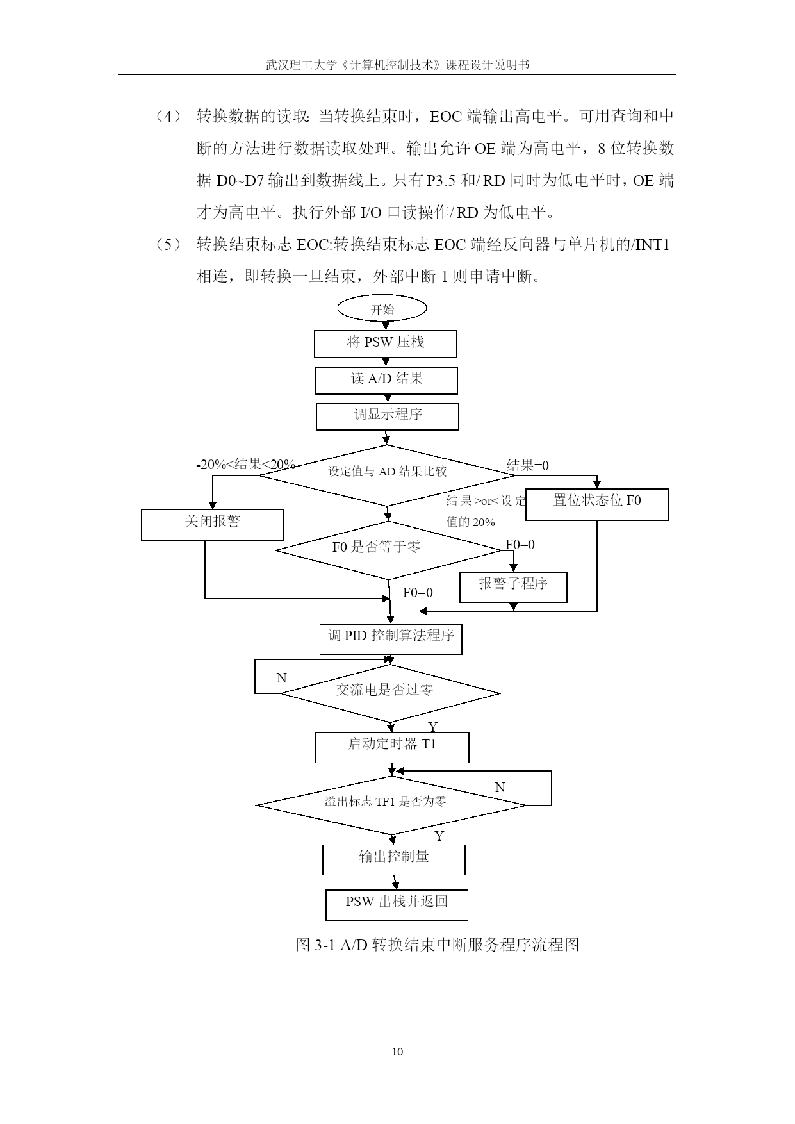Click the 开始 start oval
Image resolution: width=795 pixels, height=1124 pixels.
coord(382,309)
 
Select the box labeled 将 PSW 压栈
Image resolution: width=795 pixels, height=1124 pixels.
coord(385,343)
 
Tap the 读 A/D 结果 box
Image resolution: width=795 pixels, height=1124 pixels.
coord(386,380)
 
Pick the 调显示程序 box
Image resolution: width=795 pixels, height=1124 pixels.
coord(388,417)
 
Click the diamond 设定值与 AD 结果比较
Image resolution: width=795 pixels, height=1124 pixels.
coord(386,475)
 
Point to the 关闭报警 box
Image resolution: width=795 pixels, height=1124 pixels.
coord(212,525)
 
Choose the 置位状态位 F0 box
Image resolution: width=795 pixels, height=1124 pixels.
coord(596,504)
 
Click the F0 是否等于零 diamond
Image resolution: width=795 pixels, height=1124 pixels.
coord(389,550)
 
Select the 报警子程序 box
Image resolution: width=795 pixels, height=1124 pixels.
coord(513,587)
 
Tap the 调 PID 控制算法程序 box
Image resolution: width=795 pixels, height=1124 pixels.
coord(391,639)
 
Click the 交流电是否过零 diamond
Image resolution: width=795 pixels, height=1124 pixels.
coord(390,693)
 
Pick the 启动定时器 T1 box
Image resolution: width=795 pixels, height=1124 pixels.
coord(392,748)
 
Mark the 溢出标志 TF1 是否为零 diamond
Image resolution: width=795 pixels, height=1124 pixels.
coord(391,805)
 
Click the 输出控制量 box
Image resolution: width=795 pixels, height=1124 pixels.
coord(394,860)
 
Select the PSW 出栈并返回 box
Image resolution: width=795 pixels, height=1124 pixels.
coord(397,905)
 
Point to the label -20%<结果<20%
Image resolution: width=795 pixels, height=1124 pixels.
coord(245,465)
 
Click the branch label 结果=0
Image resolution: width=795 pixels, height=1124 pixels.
coord(528,466)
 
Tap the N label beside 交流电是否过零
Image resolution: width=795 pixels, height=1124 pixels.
coord(281,678)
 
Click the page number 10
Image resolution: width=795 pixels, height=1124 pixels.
coord(397,1052)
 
